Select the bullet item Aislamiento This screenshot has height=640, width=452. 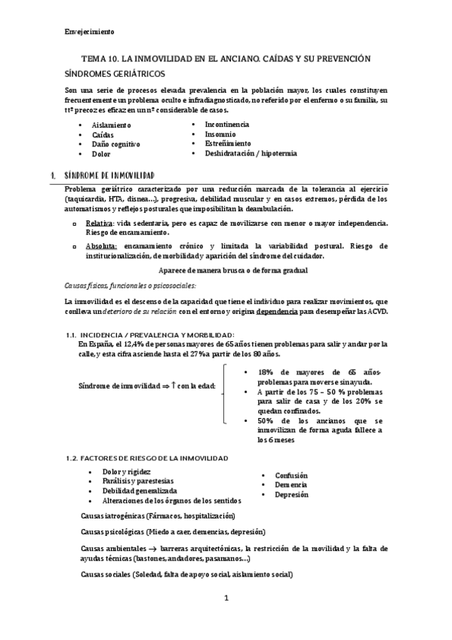(x=111, y=124)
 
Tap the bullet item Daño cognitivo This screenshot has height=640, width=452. (x=116, y=143)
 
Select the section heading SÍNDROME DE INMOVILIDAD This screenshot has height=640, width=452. (x=109, y=174)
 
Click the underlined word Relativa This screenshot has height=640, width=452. (x=100, y=223)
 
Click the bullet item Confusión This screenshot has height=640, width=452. (x=291, y=475)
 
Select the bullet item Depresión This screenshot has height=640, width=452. (x=291, y=494)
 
